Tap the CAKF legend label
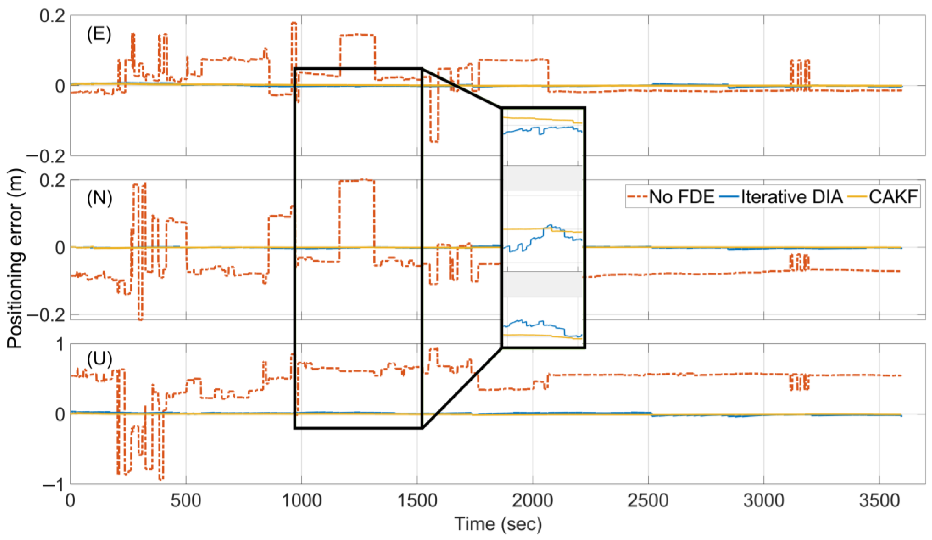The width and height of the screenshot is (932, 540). pyautogui.click(x=893, y=197)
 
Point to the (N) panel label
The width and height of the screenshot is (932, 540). pyautogui.click(x=99, y=199)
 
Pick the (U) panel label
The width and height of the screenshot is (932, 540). pyautogui.click(x=99, y=359)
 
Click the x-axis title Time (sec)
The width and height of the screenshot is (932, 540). pyautogui.click(x=498, y=524)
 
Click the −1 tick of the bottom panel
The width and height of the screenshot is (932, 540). pyautogui.click(x=54, y=484)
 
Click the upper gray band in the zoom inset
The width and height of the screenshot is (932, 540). pyautogui.click(x=542, y=178)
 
